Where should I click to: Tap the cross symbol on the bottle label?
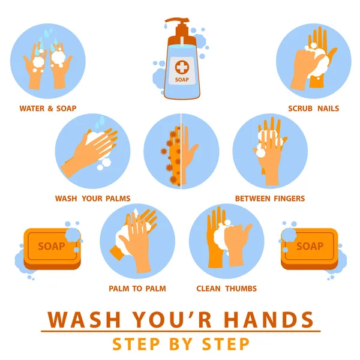pos(182,67)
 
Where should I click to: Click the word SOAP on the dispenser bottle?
pos(182,80)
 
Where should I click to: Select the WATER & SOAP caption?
pos(48,109)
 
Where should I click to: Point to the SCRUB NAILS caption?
pos(313,109)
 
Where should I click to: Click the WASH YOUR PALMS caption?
pos(93,199)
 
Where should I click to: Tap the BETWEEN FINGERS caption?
pos(270,199)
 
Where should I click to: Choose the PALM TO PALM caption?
pos(137,289)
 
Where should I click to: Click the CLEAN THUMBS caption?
pos(226,289)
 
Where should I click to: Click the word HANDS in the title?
pos(268,319)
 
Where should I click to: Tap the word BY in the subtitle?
pos(181,344)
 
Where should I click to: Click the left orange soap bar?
pos(52,248)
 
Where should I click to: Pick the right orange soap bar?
pos(310,248)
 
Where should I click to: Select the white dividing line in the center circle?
pos(181,151)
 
